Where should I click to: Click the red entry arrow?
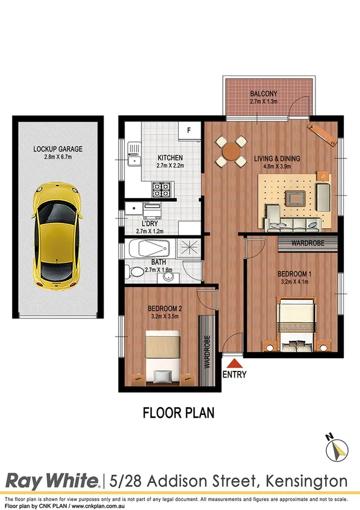233,362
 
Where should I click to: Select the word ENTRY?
234,375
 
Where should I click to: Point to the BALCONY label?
263,93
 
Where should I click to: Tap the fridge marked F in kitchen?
188,131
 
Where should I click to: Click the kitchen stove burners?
161,190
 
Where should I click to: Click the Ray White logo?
52,481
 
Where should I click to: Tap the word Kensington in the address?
311,481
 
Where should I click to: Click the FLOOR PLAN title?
178,413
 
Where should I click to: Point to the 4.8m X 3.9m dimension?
276,168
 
